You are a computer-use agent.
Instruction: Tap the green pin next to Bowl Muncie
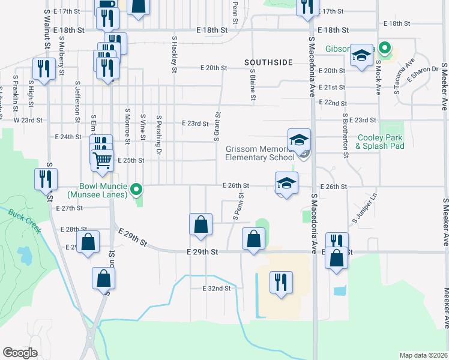[136, 190]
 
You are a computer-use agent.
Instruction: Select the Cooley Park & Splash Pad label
[379, 142]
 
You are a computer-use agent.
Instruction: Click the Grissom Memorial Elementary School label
[259, 153]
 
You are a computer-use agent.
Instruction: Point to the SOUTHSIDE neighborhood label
[268, 62]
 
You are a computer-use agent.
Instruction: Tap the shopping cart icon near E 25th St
[102, 160]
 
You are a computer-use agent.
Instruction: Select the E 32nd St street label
[217, 289]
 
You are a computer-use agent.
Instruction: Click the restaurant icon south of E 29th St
[281, 282]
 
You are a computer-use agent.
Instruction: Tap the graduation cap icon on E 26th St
[287, 182]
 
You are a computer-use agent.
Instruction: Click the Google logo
[20, 353]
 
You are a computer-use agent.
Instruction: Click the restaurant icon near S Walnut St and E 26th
[46, 178]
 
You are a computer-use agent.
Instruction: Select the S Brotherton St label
[345, 136]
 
